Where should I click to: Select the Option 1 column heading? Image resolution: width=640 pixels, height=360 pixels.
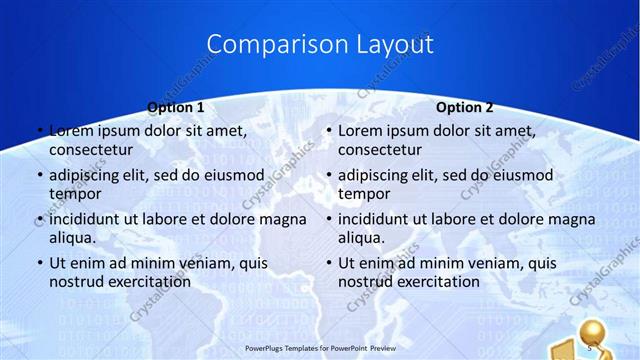point(176,107)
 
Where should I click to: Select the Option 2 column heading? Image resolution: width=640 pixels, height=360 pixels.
point(465,107)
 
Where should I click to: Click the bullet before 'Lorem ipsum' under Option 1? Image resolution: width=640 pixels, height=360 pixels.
point(39,131)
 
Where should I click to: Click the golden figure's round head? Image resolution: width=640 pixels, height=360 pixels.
point(596,330)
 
